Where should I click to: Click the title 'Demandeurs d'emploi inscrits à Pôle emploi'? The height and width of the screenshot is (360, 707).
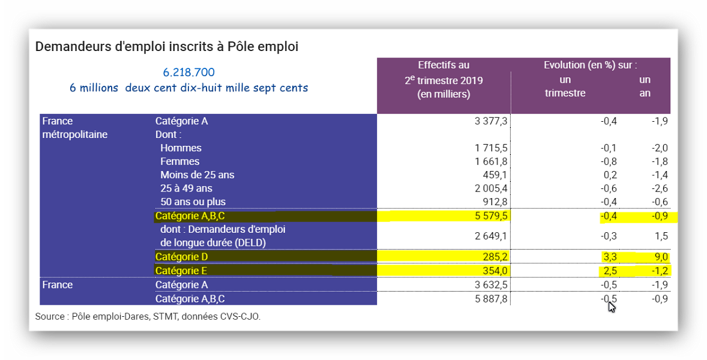(167, 46)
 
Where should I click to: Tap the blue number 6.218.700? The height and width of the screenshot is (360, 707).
(188, 72)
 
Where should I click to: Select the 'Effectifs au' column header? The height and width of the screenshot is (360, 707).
(444, 65)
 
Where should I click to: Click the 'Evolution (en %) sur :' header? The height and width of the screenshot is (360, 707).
(590, 65)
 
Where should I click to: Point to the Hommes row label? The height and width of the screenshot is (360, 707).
(181, 148)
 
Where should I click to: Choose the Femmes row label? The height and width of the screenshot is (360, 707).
(179, 161)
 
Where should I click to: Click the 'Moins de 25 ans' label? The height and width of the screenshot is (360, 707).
(197, 175)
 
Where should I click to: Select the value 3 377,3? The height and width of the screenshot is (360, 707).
(491, 121)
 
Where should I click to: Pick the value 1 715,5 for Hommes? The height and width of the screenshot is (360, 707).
(491, 148)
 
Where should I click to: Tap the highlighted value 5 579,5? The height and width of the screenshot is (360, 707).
(491, 215)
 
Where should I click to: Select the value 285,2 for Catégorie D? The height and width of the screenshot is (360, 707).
(495, 257)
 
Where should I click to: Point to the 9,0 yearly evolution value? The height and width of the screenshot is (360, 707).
(661, 257)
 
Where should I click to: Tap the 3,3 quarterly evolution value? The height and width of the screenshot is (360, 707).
(610, 257)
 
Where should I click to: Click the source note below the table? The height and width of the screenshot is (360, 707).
(148, 316)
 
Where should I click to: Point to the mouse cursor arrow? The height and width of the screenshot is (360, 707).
(611, 307)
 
